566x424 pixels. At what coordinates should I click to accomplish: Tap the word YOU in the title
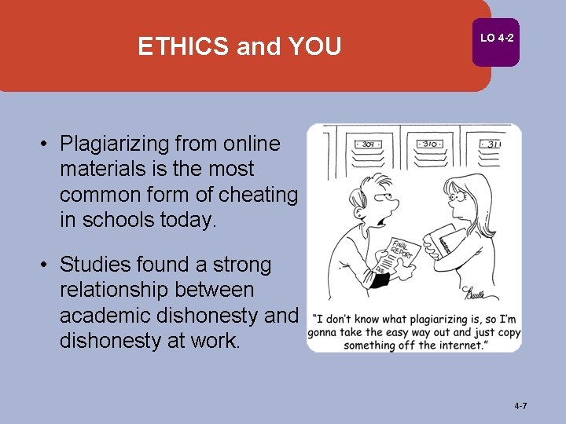point(314,47)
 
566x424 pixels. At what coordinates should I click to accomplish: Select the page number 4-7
point(520,406)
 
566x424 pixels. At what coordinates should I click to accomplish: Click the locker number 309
point(365,144)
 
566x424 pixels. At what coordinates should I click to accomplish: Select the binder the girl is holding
point(449,239)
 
